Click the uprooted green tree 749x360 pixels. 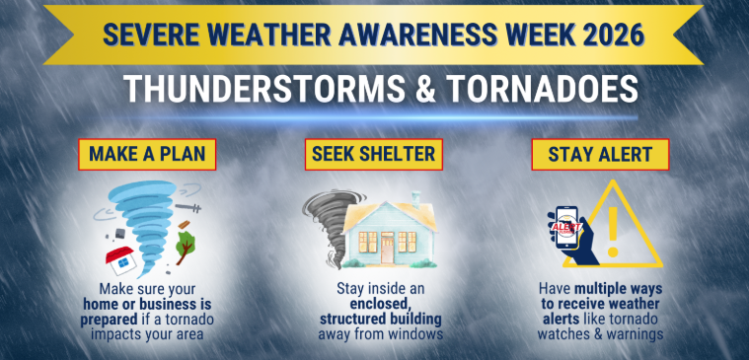(x=186, y=247)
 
